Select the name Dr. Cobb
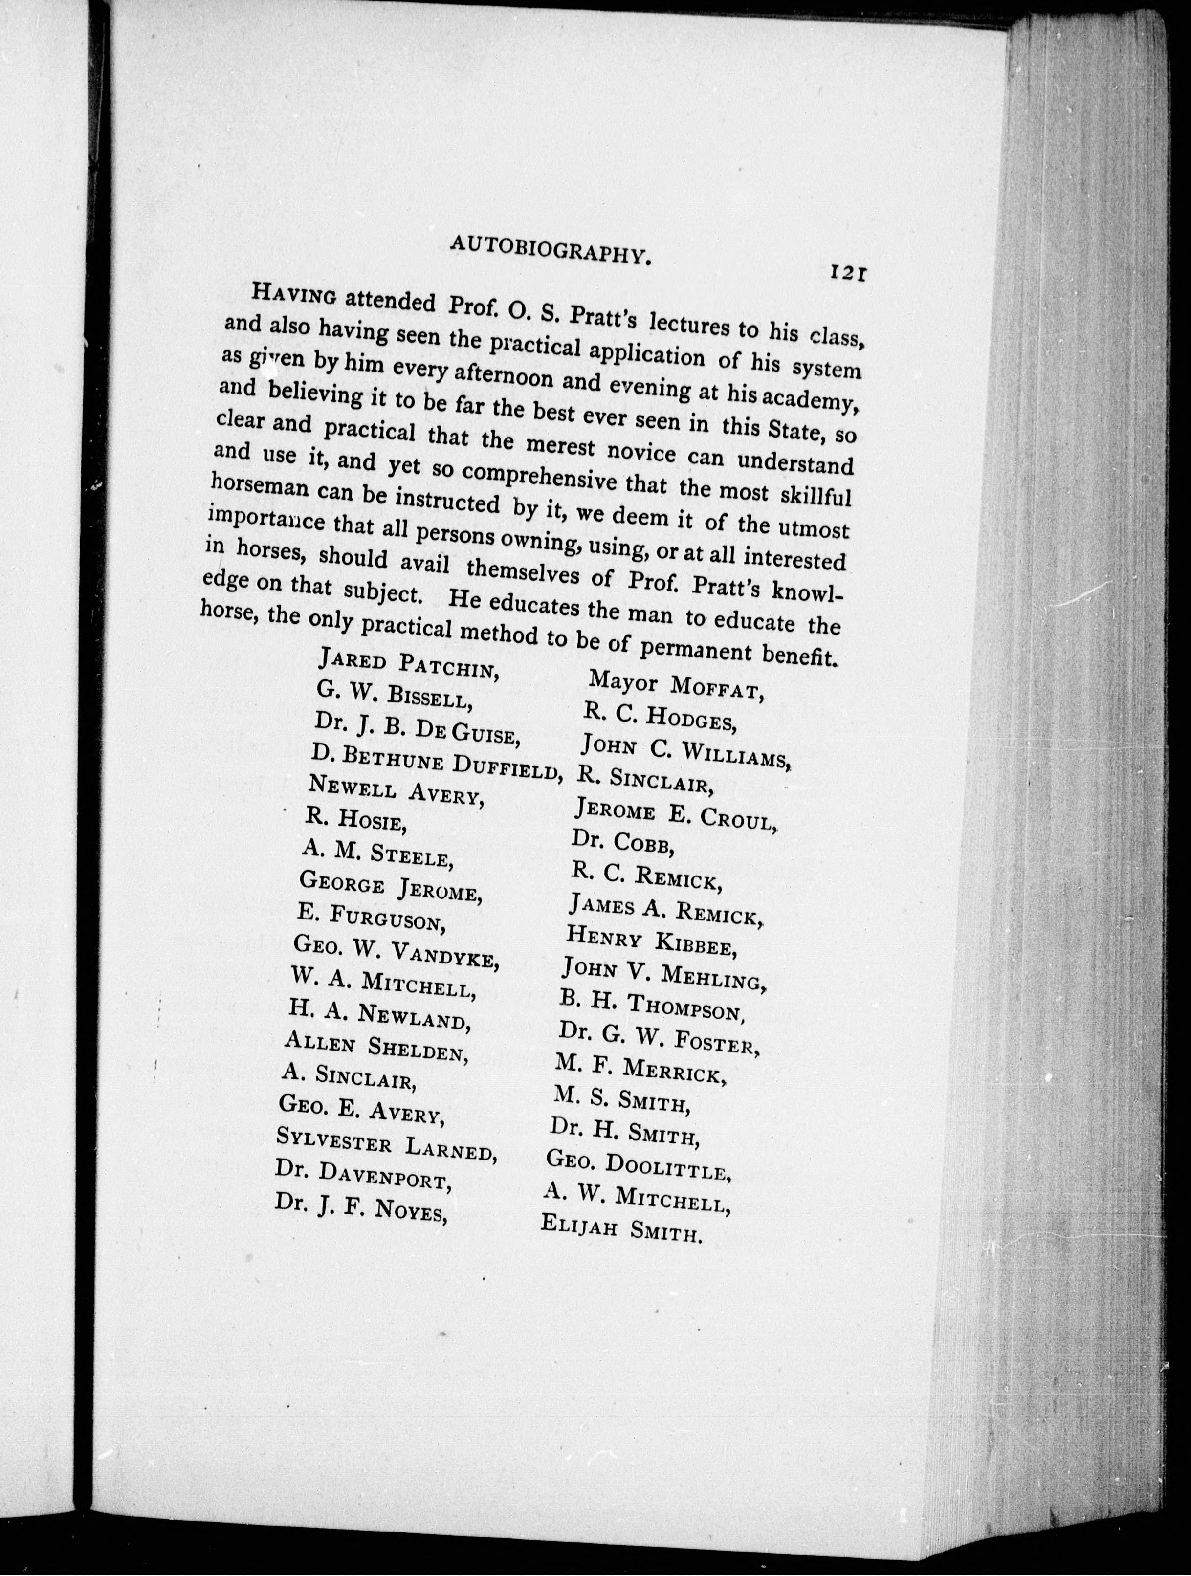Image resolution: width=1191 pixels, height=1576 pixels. pos(622,843)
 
